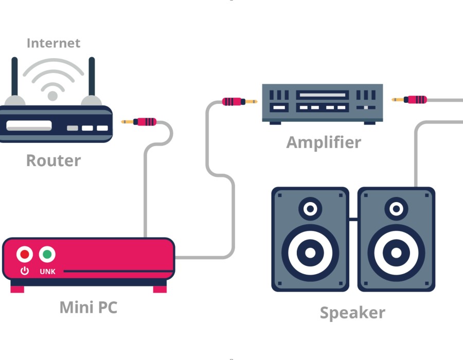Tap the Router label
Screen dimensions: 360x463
point(54,160)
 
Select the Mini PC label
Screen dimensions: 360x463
point(88,308)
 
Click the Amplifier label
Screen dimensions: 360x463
point(324,142)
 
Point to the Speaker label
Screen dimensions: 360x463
point(352,312)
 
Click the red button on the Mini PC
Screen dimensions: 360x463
point(24,254)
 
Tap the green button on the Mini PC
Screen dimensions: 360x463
point(47,254)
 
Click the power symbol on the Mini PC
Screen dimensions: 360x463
point(24,271)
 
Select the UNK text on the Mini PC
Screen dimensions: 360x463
point(47,271)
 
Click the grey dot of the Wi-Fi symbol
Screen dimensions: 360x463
point(52,96)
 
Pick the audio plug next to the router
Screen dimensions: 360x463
point(140,122)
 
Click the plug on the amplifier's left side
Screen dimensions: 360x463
point(239,102)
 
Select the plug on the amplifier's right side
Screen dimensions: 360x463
point(410,99)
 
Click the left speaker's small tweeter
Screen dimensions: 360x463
point(310,209)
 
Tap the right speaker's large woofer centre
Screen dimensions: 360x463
point(396,253)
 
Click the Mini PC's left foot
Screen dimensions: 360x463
point(17,289)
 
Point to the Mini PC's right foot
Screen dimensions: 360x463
point(160,289)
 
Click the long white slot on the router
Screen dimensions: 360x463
point(29,126)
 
